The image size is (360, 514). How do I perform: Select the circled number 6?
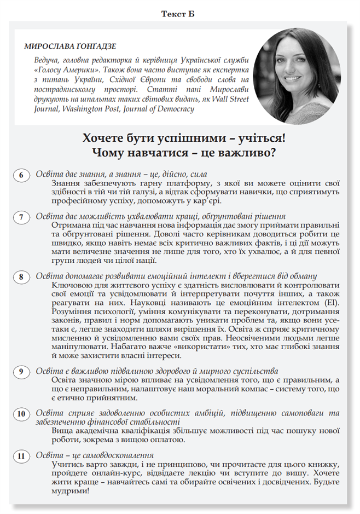coord(21,175)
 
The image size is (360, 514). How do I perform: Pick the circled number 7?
coord(21,217)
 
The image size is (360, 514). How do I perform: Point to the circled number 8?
coord(21,277)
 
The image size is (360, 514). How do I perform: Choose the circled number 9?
coord(21,372)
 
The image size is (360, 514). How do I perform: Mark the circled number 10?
coord(21,414)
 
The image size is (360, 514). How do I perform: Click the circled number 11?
coord(21,456)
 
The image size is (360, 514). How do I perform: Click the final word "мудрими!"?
coord(70,491)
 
